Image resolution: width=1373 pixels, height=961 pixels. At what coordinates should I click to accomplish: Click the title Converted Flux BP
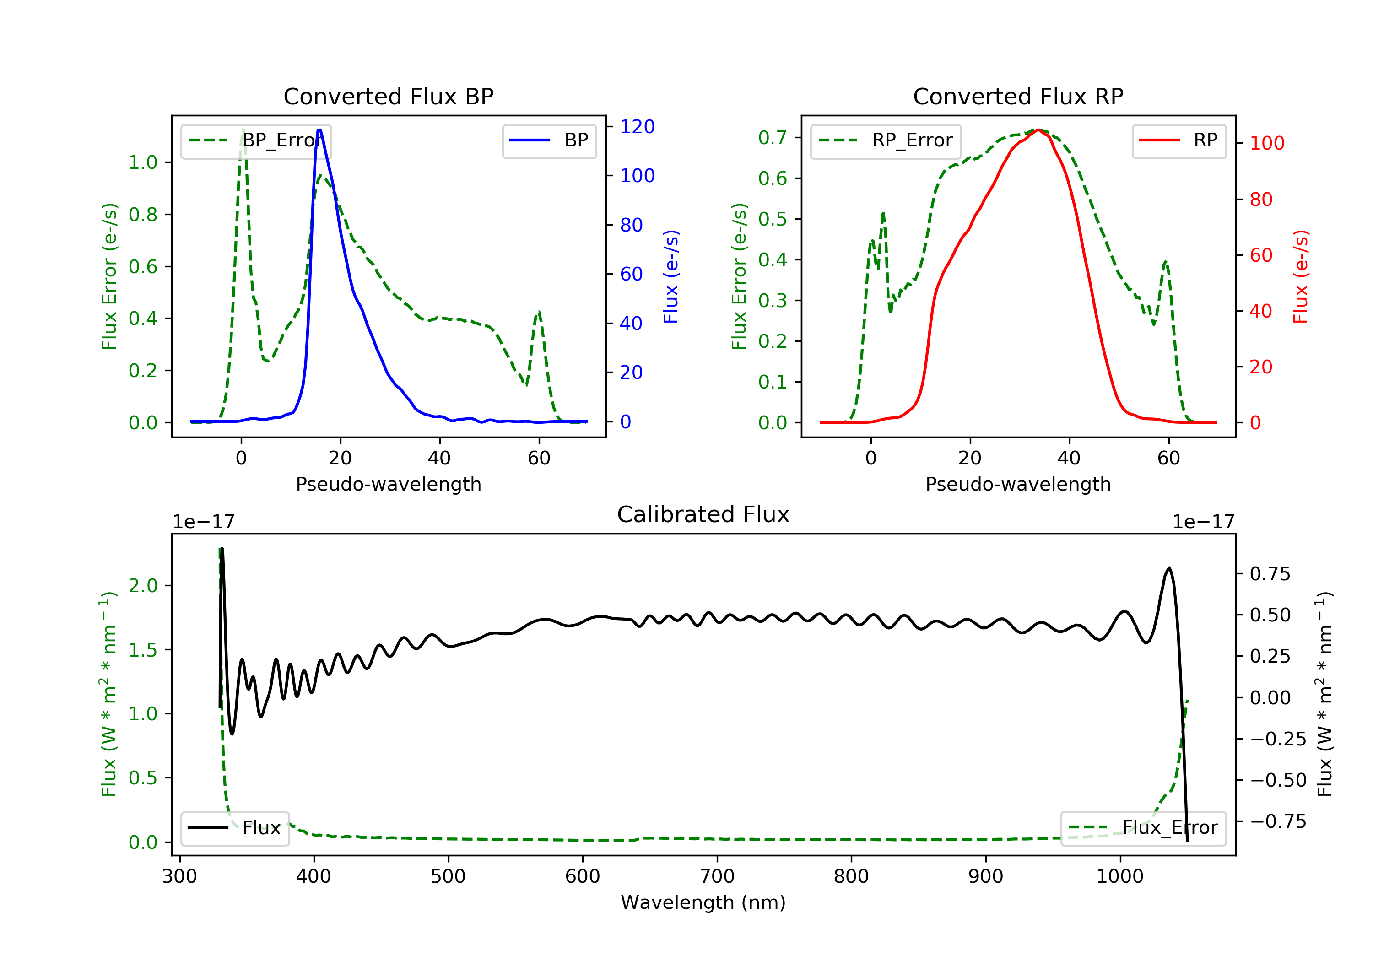click(388, 96)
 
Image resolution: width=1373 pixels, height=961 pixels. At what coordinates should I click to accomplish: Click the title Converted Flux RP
click(1018, 96)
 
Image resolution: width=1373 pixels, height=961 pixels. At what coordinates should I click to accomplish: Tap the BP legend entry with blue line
click(549, 140)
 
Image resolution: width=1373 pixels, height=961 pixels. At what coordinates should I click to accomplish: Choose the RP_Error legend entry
click(886, 140)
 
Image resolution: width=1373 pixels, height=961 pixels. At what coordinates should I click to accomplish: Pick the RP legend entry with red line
click(1178, 140)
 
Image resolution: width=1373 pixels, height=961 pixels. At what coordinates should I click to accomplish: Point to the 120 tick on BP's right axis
click(637, 127)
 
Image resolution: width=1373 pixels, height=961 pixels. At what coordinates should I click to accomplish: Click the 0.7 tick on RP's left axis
click(772, 138)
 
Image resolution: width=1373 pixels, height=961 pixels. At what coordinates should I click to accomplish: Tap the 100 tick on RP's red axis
click(1266, 144)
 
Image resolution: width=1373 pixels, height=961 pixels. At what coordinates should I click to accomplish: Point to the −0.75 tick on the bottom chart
click(1278, 822)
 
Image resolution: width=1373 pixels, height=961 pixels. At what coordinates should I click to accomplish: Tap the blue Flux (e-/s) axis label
click(671, 276)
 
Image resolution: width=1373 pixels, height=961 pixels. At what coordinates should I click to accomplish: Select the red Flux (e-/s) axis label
click(1301, 276)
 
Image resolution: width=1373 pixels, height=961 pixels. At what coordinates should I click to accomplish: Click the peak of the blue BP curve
click(319, 130)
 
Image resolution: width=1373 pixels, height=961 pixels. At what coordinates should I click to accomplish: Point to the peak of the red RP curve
click(1039, 130)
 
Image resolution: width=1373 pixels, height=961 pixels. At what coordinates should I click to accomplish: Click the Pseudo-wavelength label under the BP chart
click(388, 484)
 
